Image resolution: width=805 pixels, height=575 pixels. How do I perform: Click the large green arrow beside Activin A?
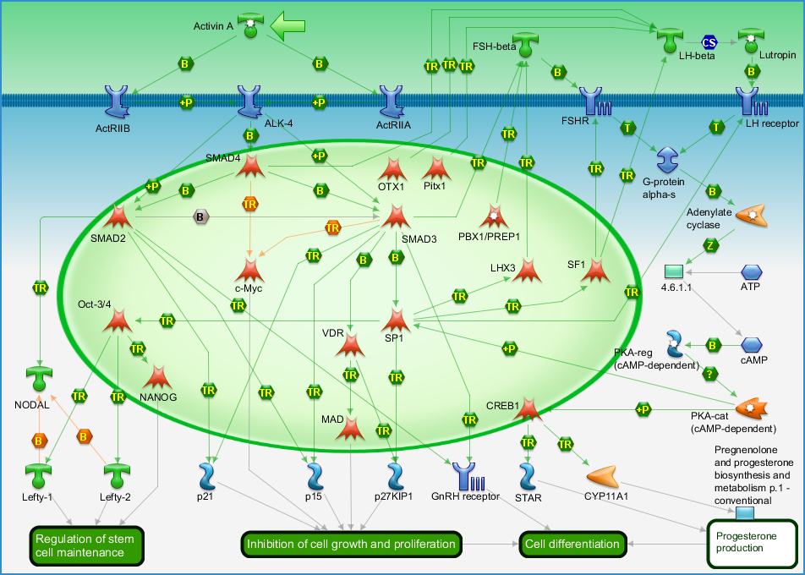287,25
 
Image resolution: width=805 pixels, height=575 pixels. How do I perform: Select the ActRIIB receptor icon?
117,101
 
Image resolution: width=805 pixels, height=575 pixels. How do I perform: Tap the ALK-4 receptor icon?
250,101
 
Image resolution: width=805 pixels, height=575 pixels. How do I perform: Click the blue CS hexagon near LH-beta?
709,42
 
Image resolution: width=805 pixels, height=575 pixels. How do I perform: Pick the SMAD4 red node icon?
250,167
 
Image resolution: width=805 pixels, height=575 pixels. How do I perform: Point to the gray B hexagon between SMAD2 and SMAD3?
200,217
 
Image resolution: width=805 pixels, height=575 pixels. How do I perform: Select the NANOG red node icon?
157,377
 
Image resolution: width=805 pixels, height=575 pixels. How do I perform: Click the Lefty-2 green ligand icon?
117,475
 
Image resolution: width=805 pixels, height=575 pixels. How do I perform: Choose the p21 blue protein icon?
208,477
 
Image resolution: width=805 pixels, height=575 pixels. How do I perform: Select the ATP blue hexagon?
752,272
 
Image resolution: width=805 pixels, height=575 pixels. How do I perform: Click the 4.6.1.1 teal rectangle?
674,271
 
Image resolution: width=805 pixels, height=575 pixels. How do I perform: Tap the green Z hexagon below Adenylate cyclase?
710,245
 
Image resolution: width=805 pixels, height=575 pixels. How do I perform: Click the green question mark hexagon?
709,375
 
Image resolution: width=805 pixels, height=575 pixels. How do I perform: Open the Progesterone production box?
752,544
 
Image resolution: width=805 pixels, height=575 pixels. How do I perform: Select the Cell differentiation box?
572,545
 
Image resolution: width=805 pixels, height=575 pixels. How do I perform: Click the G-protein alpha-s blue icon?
668,160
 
